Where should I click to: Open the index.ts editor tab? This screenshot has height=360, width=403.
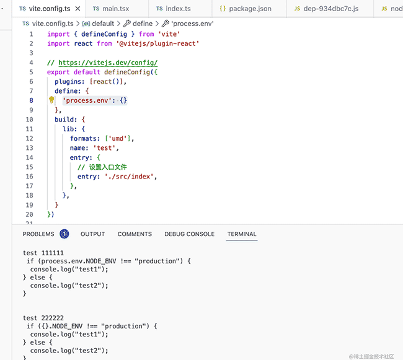pos(175,9)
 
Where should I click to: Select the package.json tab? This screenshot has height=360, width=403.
pos(247,9)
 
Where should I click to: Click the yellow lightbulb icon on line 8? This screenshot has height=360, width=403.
pos(52,100)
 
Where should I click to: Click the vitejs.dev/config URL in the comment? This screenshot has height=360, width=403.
pos(108,63)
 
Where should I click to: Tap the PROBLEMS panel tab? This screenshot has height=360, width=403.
pos(38,234)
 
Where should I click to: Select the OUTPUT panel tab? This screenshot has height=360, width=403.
pos(92,234)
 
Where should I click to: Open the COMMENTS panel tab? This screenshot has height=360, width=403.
pos(135,234)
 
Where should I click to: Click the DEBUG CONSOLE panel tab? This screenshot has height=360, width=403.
pos(189,234)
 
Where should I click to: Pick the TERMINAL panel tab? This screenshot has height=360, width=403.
pos(242,234)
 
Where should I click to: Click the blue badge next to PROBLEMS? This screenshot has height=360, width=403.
pos(64,234)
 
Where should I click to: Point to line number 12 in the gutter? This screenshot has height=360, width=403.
pos(29,138)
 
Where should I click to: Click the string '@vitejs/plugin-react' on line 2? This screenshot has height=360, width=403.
pos(157,43)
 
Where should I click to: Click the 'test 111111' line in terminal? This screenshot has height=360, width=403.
pos(43,253)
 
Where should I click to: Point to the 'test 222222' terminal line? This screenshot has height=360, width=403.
pos(43,317)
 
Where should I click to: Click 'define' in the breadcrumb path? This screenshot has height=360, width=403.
pos(142,23)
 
